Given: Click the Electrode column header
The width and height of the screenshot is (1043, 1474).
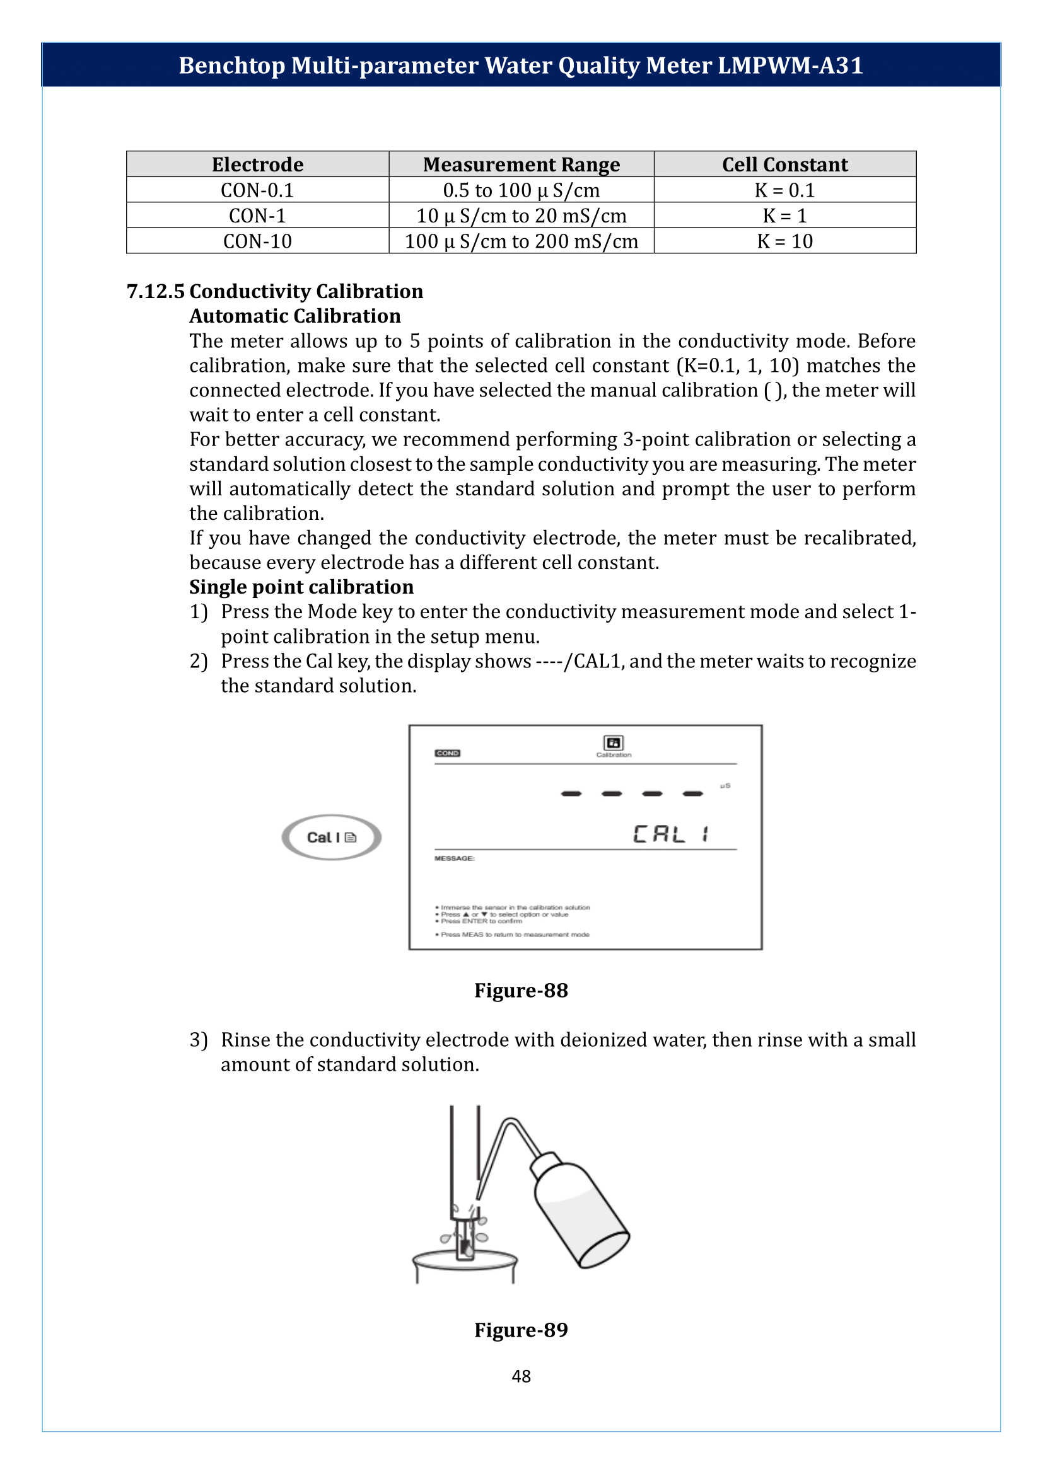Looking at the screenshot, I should [x=257, y=164].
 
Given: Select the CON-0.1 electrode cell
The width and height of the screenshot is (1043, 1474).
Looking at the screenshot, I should [x=257, y=190].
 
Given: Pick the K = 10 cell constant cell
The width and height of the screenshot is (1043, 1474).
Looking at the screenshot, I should [x=784, y=241].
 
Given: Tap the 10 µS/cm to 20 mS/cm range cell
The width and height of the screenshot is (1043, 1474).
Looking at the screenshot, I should [x=521, y=216].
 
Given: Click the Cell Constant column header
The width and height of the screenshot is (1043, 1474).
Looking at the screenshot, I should [x=784, y=164].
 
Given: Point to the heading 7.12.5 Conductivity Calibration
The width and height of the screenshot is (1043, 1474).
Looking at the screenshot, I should [x=275, y=292].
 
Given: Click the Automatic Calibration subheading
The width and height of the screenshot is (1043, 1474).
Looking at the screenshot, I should [x=294, y=316].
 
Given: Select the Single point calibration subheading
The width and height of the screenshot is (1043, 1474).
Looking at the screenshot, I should [x=301, y=587].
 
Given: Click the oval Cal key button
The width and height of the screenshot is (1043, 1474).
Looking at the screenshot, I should [x=332, y=837].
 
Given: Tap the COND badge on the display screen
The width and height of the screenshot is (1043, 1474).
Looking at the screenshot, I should [x=447, y=753].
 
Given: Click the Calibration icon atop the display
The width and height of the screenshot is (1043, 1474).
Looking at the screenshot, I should [x=614, y=744].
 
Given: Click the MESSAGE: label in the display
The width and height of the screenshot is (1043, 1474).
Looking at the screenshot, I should [x=454, y=858].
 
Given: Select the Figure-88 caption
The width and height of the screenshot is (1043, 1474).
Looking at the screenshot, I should [x=521, y=991].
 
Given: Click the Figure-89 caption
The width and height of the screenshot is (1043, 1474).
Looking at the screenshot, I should [x=521, y=1330].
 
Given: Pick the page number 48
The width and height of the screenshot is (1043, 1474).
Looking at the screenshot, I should [x=521, y=1376].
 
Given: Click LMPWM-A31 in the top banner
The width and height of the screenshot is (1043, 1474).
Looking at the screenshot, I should [x=790, y=66].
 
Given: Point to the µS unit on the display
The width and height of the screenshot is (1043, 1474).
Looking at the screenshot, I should [x=725, y=786].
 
